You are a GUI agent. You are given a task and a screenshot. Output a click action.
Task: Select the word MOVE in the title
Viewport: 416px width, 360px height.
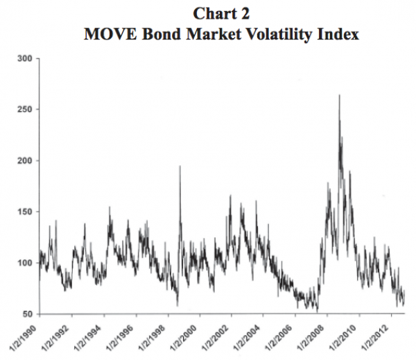(106, 33)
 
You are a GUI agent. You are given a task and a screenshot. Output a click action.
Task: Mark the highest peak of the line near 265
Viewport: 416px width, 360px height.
(339, 95)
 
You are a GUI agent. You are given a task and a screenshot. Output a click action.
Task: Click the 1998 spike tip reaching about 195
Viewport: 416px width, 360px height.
(180, 166)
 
